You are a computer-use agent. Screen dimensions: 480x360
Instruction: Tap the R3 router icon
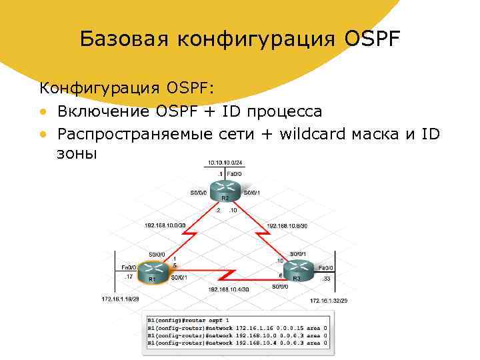(x=296, y=271)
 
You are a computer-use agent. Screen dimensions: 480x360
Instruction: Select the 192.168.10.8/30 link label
(x=287, y=225)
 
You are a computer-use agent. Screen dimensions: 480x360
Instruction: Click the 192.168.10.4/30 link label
(x=229, y=289)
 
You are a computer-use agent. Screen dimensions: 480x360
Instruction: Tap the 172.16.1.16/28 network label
(x=121, y=299)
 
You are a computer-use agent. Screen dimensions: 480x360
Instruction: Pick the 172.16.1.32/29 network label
(x=329, y=301)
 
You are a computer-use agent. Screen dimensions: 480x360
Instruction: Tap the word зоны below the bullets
(x=77, y=153)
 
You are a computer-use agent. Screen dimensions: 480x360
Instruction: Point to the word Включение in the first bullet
(x=105, y=111)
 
